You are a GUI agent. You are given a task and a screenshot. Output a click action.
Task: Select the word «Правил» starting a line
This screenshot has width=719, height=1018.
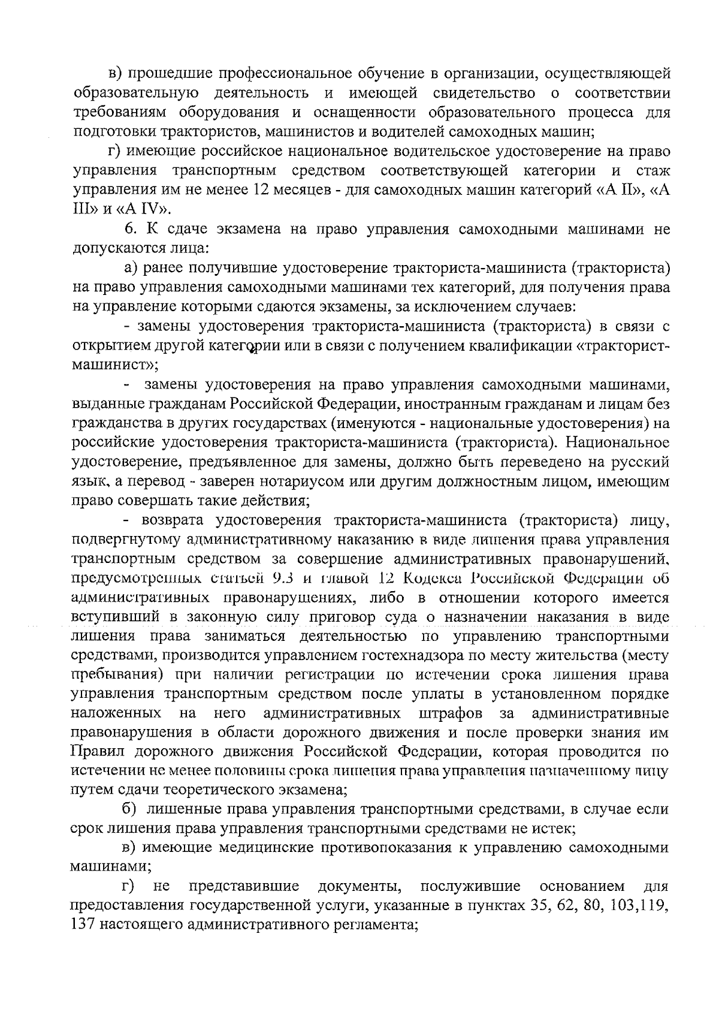click(x=94, y=752)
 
